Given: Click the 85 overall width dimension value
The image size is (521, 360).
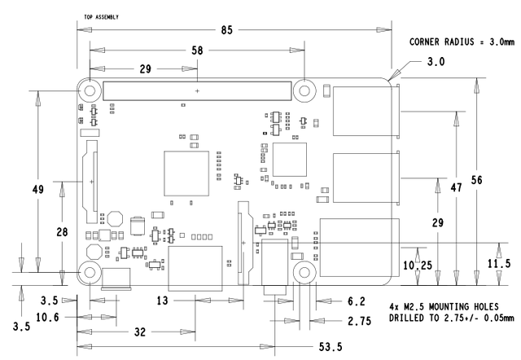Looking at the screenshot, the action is [227, 30].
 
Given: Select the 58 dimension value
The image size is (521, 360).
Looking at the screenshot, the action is [197, 50].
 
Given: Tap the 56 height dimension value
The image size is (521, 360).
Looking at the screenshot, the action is [476, 180].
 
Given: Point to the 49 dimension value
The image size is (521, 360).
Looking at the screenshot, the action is [38, 189].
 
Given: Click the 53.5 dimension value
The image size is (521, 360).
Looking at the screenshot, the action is [331, 347].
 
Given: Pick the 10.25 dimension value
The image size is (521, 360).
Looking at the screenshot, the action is [418, 265].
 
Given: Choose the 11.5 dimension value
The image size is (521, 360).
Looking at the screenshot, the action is [499, 264].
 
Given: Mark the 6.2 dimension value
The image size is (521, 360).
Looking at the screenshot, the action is [357, 301].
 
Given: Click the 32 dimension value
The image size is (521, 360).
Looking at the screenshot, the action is [140, 331].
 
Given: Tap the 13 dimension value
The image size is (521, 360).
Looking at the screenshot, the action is [163, 301].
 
